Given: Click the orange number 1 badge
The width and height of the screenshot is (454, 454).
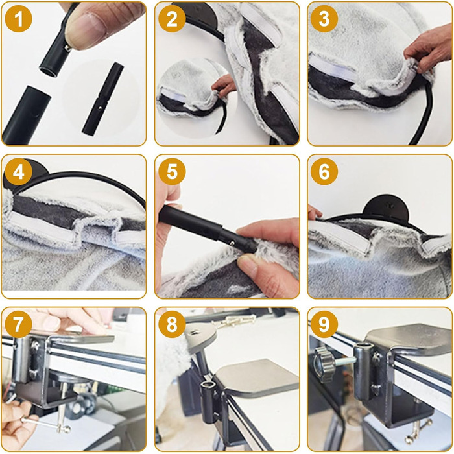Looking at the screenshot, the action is click(x=19, y=19).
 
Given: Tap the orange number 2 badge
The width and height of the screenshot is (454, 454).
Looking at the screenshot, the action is click(x=172, y=19).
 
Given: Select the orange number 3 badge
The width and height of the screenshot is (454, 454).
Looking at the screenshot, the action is click(x=324, y=19).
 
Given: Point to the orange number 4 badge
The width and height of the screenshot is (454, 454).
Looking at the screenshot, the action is click(x=19, y=172).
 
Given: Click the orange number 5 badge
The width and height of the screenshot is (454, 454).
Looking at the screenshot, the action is click(x=172, y=172).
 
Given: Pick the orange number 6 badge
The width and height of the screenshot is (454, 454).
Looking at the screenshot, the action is click(x=324, y=172).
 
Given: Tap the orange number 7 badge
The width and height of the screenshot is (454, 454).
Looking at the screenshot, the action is click(x=19, y=324).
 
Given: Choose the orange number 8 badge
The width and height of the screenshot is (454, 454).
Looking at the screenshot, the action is click(x=172, y=324).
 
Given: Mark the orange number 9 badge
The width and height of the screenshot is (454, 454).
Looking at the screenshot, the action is click(x=324, y=324).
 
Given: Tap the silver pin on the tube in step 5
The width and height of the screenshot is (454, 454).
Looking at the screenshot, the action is click(x=232, y=243).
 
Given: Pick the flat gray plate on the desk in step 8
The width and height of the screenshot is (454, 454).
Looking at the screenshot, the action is click(x=256, y=376).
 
